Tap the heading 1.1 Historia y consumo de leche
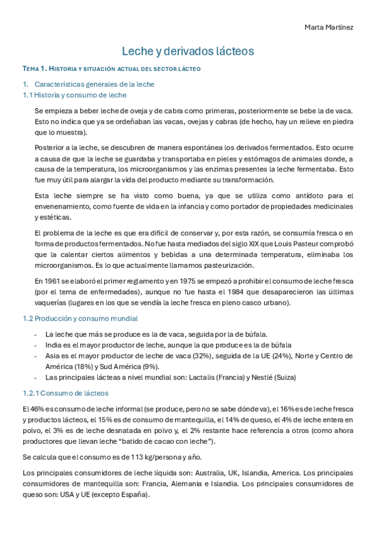[x=75, y=95]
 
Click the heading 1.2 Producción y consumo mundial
[x=80, y=319]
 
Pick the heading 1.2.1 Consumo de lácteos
[x=65, y=393]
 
